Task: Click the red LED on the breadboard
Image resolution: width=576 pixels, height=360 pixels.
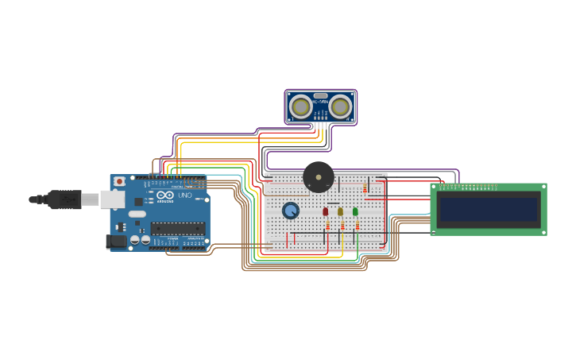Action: tap(325, 211)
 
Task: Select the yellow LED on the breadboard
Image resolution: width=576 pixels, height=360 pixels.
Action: tap(340, 211)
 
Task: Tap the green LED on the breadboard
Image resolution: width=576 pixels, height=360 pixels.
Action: tap(355, 211)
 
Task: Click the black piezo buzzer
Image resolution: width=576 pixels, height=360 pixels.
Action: tap(319, 176)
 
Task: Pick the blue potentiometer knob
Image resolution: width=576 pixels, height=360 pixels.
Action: tap(291, 211)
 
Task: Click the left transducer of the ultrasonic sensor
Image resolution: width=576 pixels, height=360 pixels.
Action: tap(301, 106)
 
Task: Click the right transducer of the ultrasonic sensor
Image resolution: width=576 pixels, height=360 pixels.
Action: tap(341, 106)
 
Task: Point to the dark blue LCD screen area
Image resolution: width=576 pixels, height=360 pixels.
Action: tap(489, 210)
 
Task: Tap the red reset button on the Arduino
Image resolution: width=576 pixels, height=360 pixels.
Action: tap(119, 181)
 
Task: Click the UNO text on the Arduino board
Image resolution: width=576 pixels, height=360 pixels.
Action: tap(184, 195)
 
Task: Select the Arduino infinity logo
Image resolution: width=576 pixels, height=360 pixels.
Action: tap(165, 195)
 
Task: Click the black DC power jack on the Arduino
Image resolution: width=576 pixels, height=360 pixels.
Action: tap(116, 241)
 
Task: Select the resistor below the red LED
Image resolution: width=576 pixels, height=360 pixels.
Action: tap(327, 226)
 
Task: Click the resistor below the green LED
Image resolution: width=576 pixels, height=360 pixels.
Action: tap(358, 226)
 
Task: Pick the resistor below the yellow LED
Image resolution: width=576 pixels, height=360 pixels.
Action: tap(342, 226)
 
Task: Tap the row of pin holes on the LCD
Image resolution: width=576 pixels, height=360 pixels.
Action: tap(469, 187)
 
